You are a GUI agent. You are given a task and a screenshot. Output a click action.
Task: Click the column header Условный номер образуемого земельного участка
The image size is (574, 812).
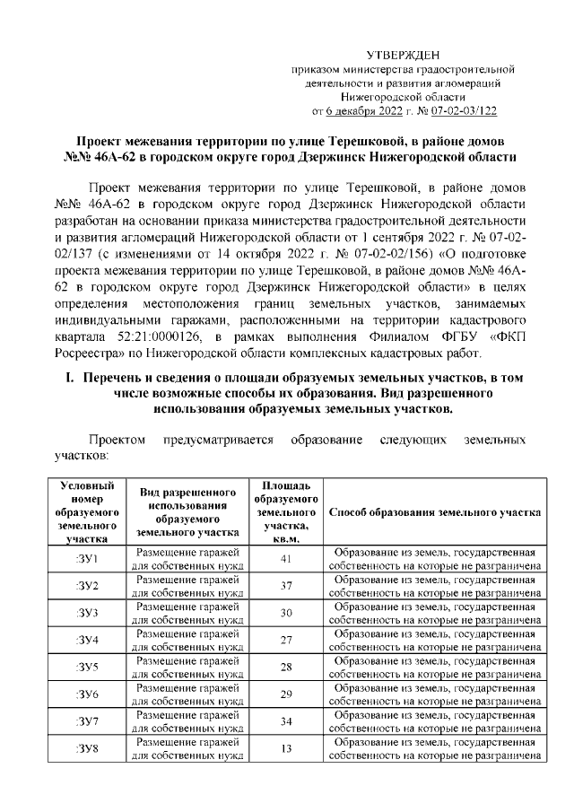86,511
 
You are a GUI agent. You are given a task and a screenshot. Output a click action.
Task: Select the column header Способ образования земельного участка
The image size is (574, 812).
435,511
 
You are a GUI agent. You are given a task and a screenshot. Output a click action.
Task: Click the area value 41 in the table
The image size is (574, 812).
286,559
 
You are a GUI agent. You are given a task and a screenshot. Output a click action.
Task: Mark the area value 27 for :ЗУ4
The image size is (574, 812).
286,640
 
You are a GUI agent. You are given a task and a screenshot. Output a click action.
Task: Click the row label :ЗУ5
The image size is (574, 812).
86,667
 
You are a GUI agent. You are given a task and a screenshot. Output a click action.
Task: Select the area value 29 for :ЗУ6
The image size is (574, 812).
286,694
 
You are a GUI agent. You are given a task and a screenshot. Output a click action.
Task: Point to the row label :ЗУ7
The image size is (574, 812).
86,720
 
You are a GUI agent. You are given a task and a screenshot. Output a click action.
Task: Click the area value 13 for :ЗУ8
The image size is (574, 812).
286,747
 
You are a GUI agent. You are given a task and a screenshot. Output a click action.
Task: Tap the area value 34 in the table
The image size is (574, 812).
286,720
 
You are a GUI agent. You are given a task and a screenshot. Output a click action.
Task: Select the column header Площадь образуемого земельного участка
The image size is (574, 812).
286,511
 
